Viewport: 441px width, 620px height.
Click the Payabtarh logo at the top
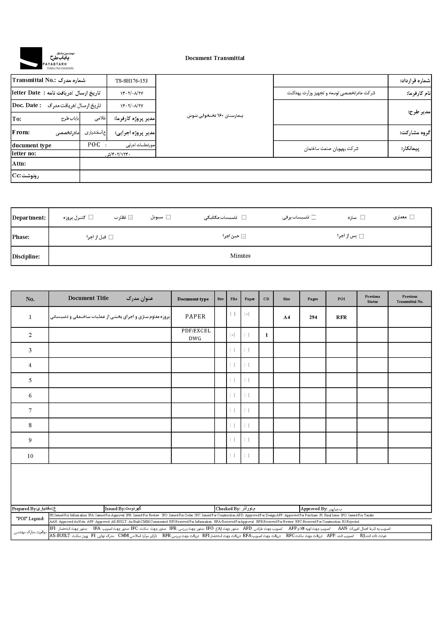coord(47,58)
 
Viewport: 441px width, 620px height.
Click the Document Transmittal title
coord(215,58)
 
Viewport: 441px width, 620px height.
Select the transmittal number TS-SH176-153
coord(132,81)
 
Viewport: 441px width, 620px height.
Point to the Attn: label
coord(19,164)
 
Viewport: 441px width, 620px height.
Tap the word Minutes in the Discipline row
coord(240,256)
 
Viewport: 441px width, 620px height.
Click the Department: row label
coord(29,218)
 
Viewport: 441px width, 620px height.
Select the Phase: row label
coord(21,237)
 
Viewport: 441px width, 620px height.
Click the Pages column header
coord(313,299)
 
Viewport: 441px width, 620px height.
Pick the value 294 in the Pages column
coord(313,317)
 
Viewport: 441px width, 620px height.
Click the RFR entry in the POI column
coord(341,317)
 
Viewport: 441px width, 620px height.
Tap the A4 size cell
coord(286,317)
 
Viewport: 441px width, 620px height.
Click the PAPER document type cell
coord(195,317)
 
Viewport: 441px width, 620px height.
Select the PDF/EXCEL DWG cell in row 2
coord(196,335)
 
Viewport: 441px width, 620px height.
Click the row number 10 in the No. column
coord(30,456)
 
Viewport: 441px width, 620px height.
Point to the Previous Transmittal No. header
coord(409,299)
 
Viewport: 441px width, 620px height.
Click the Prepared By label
coord(24,509)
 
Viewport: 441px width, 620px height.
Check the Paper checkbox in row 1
coord(247,314)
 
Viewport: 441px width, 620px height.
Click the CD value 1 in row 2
coord(266,335)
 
